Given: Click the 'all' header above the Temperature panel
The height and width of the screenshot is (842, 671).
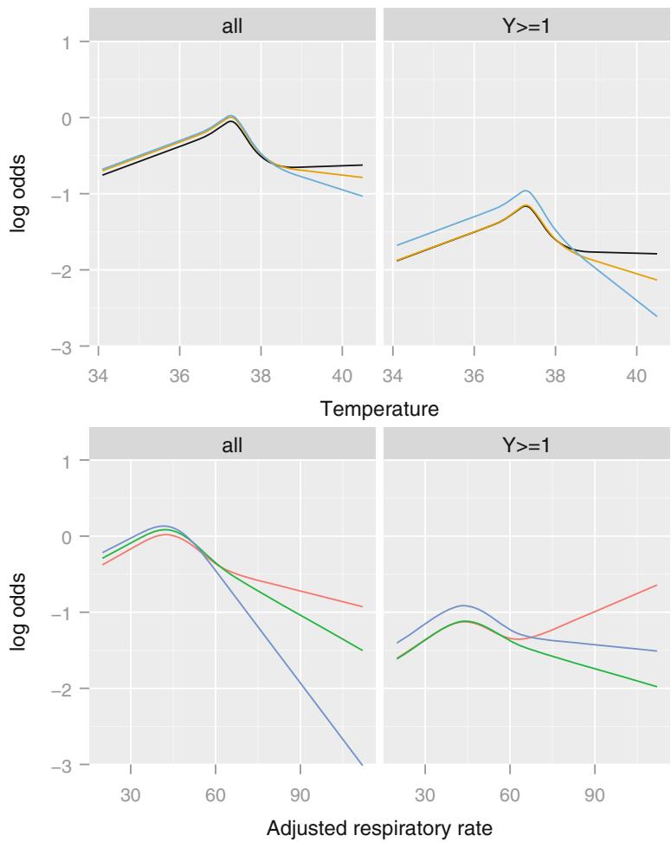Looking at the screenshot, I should (230, 25).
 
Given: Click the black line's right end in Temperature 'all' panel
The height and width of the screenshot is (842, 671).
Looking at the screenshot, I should (362, 165).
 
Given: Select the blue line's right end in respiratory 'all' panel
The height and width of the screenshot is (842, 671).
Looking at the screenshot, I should (362, 765).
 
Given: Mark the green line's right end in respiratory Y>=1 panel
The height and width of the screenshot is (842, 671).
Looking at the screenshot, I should (657, 687).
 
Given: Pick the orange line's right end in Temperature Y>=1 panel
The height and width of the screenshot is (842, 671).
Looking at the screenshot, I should (657, 280).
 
